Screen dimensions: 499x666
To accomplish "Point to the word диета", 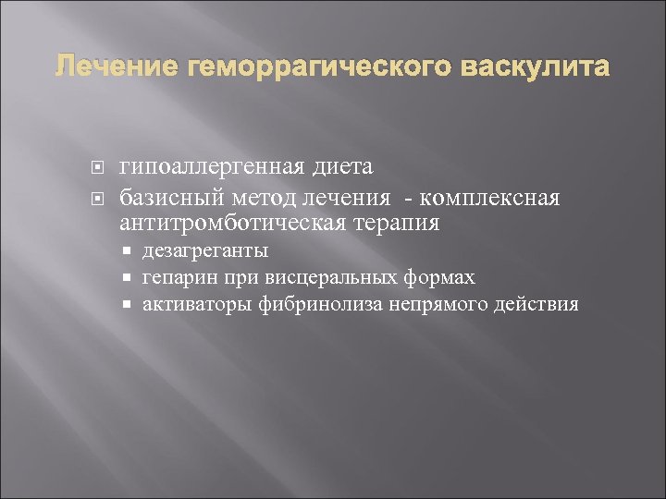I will (344, 167).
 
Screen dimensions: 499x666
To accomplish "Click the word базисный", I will (168, 199).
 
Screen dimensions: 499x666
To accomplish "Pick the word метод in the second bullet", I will (256, 199).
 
